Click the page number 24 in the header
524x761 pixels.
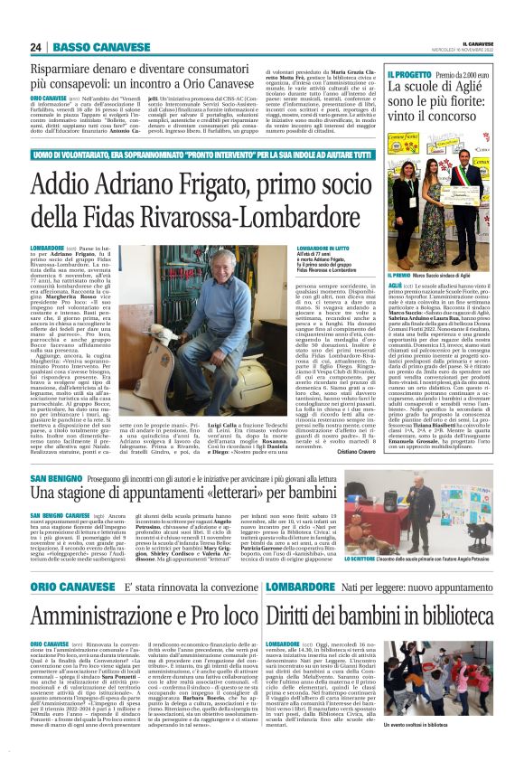point(36,47)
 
